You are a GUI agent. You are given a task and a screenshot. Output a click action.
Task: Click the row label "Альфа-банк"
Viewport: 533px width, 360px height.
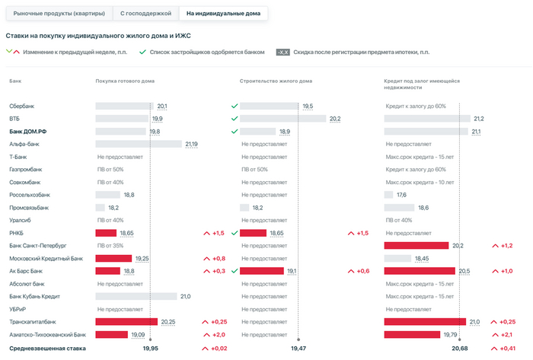pos(24,144)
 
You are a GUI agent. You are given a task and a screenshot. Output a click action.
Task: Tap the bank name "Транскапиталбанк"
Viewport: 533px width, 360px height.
pos(33,322)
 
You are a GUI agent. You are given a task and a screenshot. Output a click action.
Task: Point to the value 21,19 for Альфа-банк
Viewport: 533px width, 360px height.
pos(191,144)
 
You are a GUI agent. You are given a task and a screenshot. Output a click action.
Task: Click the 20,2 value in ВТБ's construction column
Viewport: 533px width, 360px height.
pos(334,119)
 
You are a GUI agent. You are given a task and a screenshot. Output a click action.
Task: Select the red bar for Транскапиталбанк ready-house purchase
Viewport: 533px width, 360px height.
pos(126,322)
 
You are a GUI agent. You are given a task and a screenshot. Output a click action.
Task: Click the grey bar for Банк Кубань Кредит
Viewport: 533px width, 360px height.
pos(136,296)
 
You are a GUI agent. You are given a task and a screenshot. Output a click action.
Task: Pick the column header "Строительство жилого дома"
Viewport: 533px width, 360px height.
pos(276,81)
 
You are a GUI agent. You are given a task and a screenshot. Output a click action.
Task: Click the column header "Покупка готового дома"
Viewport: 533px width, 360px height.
pos(126,81)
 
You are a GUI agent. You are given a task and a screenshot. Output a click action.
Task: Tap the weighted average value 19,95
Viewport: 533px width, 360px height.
pos(150,348)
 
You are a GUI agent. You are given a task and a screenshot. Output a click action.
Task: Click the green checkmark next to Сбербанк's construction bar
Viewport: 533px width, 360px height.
pos(235,106)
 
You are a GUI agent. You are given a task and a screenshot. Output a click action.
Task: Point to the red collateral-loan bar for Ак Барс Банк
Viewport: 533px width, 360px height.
pos(420,271)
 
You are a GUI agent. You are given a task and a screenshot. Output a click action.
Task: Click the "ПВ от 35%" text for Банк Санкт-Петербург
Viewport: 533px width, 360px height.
pos(110,246)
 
